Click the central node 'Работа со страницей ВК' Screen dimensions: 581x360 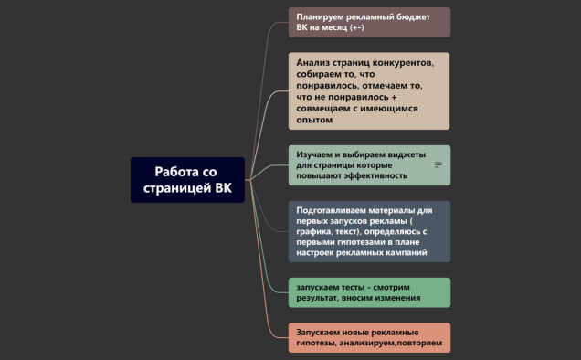(187, 180)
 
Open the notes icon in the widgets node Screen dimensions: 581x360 (438, 165)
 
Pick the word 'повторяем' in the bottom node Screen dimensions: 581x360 (422, 344)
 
